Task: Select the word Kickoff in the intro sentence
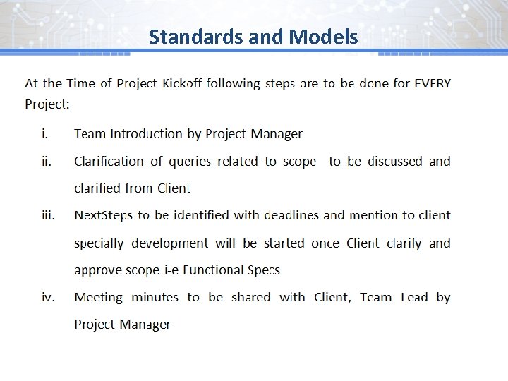point(182,83)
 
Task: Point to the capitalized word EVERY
point(432,83)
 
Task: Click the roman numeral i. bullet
point(44,134)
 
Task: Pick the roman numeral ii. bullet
point(46,162)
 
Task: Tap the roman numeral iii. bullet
point(47,215)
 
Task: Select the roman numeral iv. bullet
point(47,297)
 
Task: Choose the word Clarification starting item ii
point(109,162)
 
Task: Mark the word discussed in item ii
point(395,162)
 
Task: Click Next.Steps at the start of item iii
point(104,215)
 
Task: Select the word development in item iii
point(169,243)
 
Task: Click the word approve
point(97,270)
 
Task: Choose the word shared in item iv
point(250,297)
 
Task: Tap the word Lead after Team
point(414,297)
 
